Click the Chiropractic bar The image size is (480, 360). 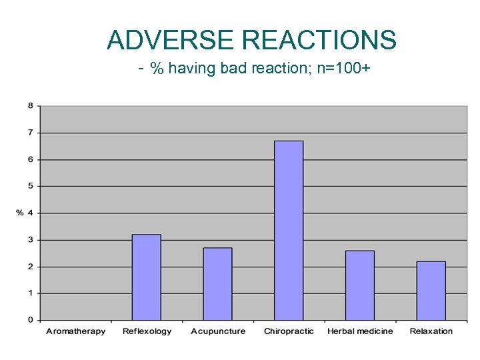point(289,230)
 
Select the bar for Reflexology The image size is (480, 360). point(146,277)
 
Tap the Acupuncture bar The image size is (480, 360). point(217,283)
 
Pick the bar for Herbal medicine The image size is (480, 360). point(360,285)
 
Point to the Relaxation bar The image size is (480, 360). point(431,290)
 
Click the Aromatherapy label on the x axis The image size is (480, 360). point(75,331)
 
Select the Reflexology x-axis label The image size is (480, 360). point(147,331)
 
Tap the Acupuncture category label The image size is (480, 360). point(218,331)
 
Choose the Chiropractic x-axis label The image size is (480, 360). point(289,331)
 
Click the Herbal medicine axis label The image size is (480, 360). point(360,331)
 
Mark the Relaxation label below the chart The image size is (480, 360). point(431,331)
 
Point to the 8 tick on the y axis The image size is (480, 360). point(31,106)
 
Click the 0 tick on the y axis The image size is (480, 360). point(31,320)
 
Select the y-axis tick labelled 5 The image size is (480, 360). point(31,186)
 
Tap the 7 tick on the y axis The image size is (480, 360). point(31,133)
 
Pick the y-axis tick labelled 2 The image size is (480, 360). point(31,267)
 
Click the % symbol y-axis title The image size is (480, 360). point(19,213)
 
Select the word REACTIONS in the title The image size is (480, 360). point(319,41)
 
